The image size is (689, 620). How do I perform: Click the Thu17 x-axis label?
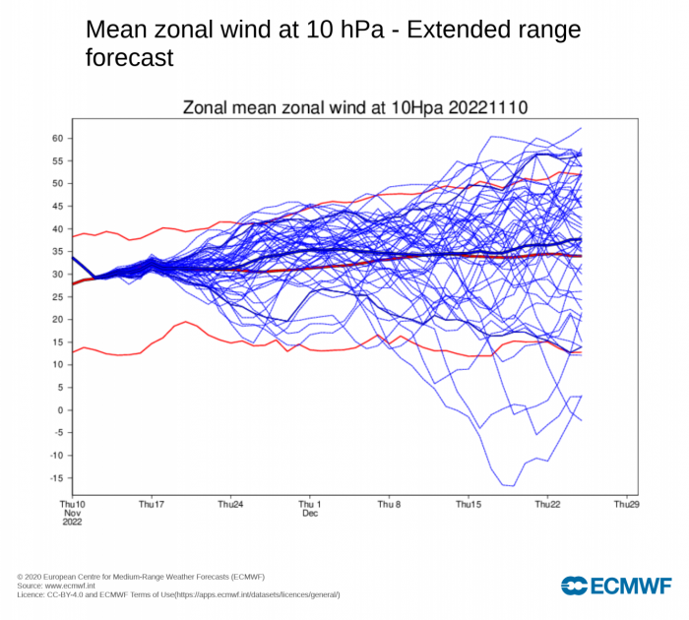[x=152, y=504]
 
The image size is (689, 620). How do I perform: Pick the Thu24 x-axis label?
[x=230, y=504]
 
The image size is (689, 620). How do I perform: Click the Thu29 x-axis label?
[x=626, y=504]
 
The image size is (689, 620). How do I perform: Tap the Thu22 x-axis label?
[x=547, y=504]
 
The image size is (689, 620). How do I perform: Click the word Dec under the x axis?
[x=310, y=514]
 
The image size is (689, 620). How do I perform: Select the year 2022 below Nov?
[x=73, y=523]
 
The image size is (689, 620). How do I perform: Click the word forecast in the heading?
[x=130, y=58]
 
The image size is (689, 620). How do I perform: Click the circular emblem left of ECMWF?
[x=574, y=587]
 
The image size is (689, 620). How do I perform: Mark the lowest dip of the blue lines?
[x=509, y=485]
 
